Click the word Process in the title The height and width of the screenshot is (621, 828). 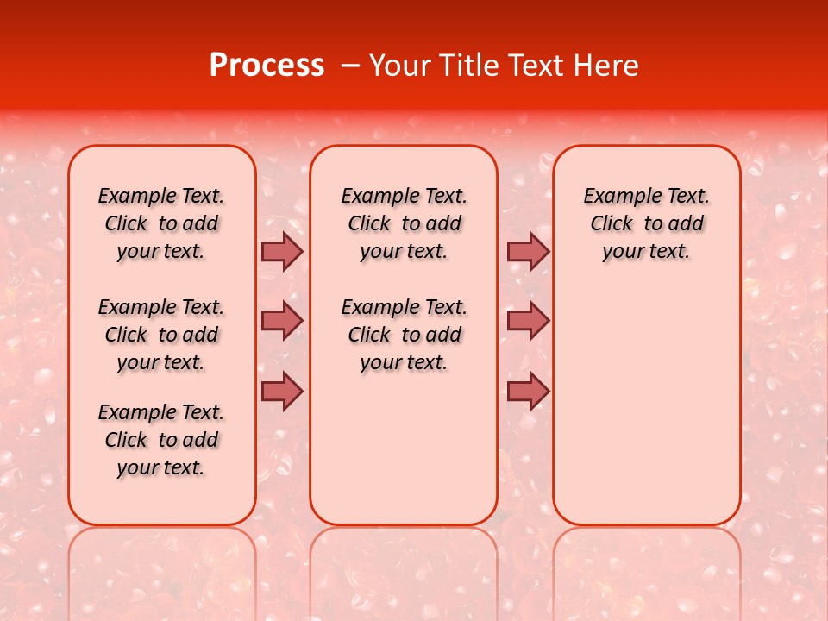tap(267, 66)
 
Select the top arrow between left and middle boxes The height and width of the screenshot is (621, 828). tap(282, 251)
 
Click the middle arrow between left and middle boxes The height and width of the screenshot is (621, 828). tap(282, 321)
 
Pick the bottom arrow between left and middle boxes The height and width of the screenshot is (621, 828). tap(282, 391)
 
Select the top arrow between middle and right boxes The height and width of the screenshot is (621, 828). tap(528, 251)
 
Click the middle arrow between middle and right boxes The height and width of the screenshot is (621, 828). tap(528, 321)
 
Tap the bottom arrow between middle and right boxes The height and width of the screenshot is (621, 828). tap(528, 391)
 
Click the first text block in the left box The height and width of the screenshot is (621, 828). tap(161, 223)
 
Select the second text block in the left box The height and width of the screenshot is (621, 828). tap(161, 335)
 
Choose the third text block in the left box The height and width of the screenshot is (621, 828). tap(161, 440)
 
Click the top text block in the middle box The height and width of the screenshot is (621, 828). tap(404, 223)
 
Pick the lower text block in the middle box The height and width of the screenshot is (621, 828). tap(404, 335)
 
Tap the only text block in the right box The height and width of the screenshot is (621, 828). tap(647, 223)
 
